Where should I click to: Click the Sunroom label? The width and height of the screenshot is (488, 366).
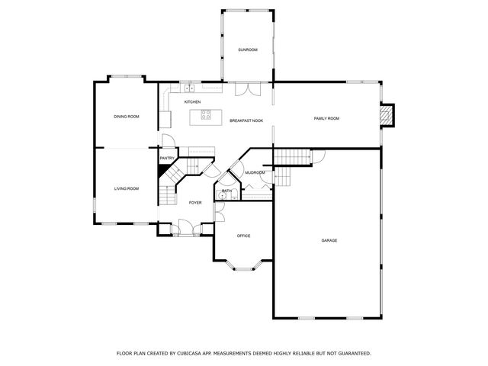coord(248,50)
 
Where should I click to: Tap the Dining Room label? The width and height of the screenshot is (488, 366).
coord(127,117)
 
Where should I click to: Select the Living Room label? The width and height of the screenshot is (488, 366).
coord(127,188)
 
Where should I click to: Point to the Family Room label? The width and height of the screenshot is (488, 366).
coord(326,119)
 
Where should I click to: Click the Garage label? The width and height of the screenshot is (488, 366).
coord(329,241)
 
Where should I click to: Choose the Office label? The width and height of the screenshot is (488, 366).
coord(244,236)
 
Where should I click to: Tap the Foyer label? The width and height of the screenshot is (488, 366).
coord(195,203)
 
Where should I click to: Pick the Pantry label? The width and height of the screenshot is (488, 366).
coord(167,159)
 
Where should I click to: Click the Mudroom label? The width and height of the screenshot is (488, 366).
coord(255,173)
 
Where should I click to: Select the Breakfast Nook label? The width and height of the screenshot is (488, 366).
coord(246,120)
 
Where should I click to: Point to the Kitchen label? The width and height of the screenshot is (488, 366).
coord(192,102)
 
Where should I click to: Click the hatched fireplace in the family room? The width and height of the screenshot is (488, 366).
coord(387,115)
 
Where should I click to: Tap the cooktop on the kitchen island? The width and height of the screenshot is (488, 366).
coord(206,114)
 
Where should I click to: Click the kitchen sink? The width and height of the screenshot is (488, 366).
coord(189,88)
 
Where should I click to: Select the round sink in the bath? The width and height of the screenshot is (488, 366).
coord(222,196)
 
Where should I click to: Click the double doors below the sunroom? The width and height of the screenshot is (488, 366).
coord(248,89)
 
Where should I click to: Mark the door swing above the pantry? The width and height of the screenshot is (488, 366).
coord(169,140)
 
